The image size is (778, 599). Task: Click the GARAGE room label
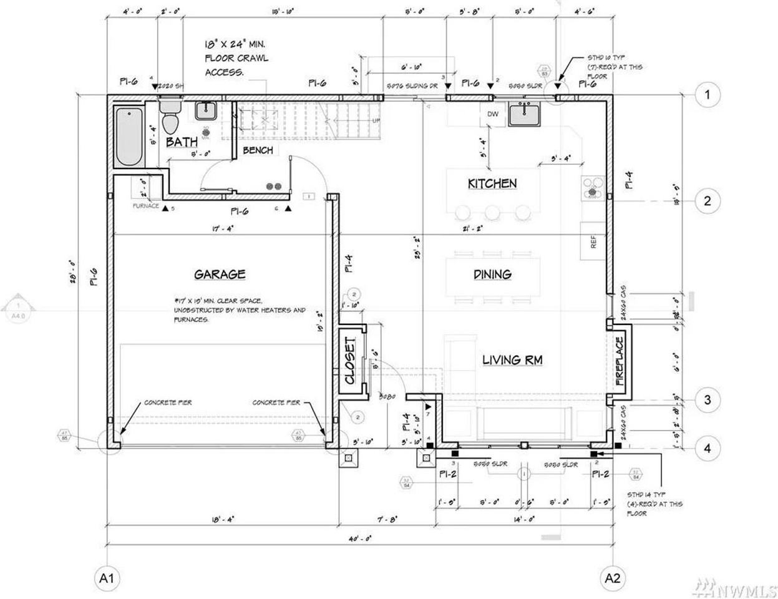pos(220,275)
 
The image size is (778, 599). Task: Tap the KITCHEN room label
pos(492,183)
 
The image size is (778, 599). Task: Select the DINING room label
pos(492,274)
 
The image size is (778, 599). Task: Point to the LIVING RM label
pos(512,360)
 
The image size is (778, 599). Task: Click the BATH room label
pos(182,142)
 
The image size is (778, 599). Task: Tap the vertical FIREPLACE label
pos(620,361)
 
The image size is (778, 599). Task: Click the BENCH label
pos(258,150)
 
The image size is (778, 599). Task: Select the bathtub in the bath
pos(129,137)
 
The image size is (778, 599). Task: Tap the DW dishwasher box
pos(492,114)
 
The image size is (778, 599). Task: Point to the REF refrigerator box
pos(593,241)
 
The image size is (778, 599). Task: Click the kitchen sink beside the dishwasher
pos(523,114)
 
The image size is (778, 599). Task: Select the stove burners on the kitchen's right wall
pos(592,187)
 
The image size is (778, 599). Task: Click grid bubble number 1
pos(707,95)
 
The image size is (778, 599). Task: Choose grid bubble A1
pos(106,578)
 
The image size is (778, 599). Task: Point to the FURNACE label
pos(145,206)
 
